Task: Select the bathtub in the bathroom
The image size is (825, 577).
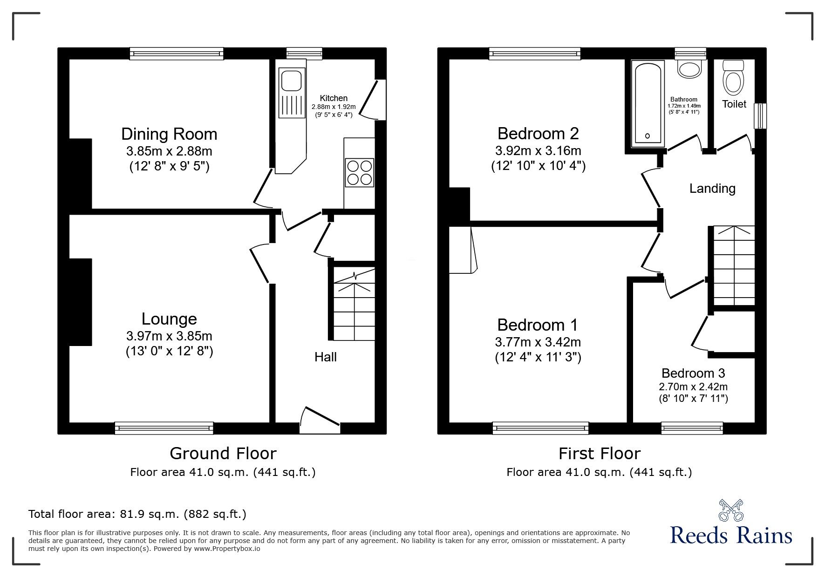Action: (x=647, y=103)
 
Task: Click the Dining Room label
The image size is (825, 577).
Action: (x=169, y=134)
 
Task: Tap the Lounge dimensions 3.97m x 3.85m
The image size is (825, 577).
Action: (x=169, y=336)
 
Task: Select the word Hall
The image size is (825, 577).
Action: (x=325, y=357)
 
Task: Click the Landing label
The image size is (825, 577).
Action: (x=712, y=189)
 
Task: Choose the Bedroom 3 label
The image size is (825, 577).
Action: (x=693, y=373)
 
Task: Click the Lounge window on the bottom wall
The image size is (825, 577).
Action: (x=164, y=427)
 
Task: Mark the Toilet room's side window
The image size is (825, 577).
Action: (x=760, y=115)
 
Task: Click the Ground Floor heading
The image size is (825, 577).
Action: (x=223, y=453)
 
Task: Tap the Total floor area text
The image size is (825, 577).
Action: (x=137, y=514)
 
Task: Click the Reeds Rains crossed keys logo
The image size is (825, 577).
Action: (x=731, y=510)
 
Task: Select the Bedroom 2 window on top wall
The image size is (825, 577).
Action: (x=535, y=54)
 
